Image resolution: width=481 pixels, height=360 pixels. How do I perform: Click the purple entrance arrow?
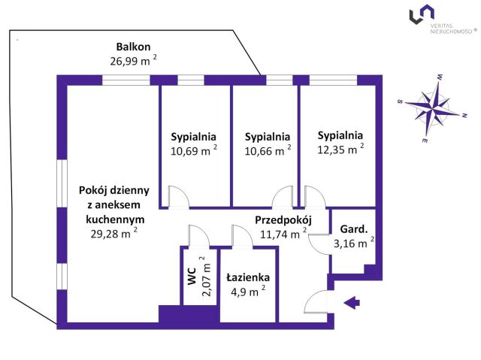point(352,303)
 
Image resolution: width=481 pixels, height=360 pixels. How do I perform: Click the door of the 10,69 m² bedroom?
point(179,196)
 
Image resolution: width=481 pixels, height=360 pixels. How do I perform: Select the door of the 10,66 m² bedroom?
point(283,196)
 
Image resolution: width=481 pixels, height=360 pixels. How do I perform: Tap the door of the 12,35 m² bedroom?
point(314,196)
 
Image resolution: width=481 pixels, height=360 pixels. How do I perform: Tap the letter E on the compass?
point(425,141)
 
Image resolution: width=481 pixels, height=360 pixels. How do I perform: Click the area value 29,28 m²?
point(113,234)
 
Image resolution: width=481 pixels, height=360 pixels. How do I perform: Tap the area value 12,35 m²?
point(340,150)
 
